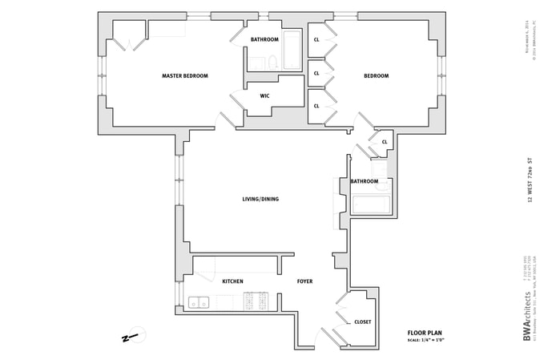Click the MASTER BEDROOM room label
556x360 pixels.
[184, 76]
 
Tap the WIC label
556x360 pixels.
[264, 96]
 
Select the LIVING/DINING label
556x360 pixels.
[260, 199]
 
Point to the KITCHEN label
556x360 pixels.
[232, 281]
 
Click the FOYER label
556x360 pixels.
[304, 281]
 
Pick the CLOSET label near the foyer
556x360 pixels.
[362, 322]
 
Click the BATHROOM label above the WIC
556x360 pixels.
[264, 40]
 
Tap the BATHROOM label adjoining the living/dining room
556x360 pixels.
[364, 181]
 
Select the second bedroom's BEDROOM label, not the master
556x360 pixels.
[376, 76]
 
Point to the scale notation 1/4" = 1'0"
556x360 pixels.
[425, 340]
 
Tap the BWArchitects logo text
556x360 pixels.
[526, 318]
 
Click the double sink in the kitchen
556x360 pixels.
[199, 302]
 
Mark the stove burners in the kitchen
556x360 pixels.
[258, 301]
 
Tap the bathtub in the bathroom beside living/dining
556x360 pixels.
[370, 204]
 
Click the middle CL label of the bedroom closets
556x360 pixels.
[316, 73]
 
